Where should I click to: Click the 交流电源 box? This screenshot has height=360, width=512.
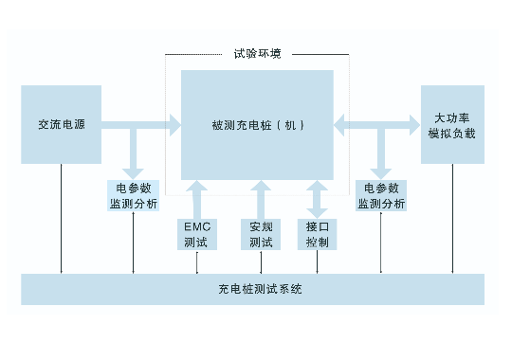tap(61, 124)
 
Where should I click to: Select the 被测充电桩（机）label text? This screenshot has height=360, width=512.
tap(258, 125)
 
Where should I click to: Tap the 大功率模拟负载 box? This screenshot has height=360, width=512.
tap(452, 124)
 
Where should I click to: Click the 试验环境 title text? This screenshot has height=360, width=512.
tap(257, 54)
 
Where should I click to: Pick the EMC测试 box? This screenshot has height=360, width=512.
tap(197, 234)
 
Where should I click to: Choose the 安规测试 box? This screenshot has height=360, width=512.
tap(261, 234)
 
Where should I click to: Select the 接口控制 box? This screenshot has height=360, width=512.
tap(317, 234)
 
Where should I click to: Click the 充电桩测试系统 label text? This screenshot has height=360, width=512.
tap(260, 289)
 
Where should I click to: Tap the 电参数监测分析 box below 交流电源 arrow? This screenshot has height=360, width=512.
tap(134, 195)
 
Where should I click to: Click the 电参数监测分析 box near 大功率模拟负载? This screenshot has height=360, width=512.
tap(381, 195)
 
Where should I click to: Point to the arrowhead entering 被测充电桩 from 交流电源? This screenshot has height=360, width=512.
tap(175, 125)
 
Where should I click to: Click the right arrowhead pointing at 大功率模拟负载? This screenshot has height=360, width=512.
tap(414, 125)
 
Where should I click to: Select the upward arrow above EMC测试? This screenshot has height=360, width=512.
tap(196, 199)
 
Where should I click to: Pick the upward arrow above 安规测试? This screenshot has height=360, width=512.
tap(261, 199)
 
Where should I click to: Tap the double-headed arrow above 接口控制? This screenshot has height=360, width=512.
tap(317, 199)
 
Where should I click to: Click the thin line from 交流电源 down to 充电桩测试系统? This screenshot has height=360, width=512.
tap(61, 218)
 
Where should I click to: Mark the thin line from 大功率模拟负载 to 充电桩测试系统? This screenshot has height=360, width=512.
tap(452, 218)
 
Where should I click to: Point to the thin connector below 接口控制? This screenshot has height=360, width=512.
tap(317, 261)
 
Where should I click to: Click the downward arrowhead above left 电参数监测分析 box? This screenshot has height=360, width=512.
tap(134, 174)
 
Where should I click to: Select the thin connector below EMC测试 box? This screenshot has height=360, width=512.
tap(197, 261)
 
